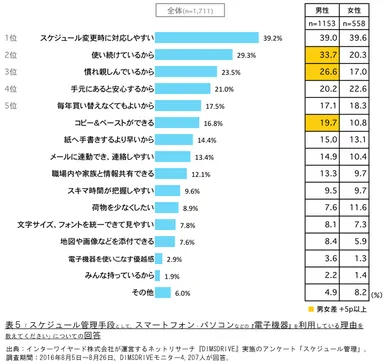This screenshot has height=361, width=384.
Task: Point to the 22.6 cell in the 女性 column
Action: pos(351,89)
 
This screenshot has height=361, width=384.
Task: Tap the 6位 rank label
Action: pos(11,123)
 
